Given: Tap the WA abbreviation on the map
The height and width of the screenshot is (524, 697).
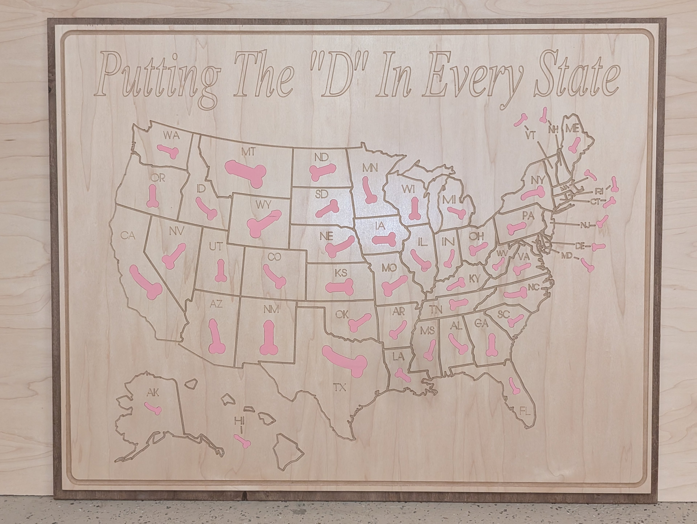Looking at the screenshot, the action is click(x=171, y=136).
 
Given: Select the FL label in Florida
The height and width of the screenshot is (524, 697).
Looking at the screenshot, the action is click(x=525, y=411).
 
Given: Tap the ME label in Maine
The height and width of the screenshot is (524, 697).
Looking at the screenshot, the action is click(x=572, y=128).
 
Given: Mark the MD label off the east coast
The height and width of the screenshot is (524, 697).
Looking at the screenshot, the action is click(x=566, y=256).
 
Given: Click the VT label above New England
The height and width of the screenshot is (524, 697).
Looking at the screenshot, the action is click(x=531, y=135).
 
